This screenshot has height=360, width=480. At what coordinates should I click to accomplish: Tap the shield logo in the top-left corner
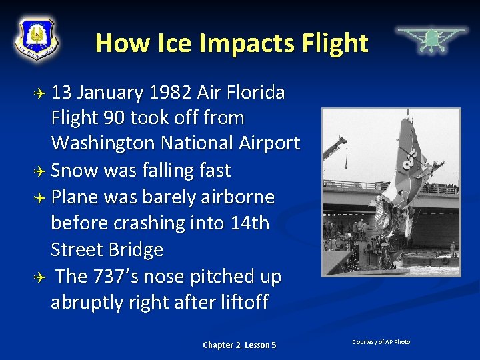click(37, 39)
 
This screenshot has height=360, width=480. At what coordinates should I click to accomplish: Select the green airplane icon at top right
click(431, 39)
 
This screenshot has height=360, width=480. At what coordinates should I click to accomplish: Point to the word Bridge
click(133, 249)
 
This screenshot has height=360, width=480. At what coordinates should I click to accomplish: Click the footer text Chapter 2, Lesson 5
click(239, 345)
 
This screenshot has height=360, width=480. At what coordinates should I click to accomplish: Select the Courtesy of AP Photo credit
click(381, 342)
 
